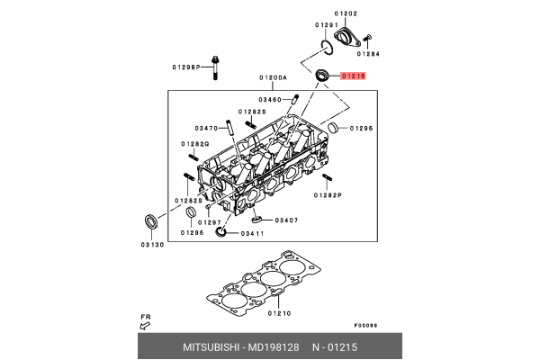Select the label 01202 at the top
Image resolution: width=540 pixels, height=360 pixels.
coord(346,13)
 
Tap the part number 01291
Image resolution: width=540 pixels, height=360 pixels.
coord(326,25)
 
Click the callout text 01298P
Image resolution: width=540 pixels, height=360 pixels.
coord(186,67)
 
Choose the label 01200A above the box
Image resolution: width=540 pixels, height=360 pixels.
coord(273,77)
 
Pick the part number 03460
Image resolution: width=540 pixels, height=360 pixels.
coord(270,99)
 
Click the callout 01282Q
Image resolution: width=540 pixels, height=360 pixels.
coord(194,144)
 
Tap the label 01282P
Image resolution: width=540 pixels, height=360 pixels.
coord(327,194)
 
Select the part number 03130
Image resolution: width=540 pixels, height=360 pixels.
coord(151,246)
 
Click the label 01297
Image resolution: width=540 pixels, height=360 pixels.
coord(209,221)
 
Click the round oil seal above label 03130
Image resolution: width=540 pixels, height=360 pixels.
coord(150,222)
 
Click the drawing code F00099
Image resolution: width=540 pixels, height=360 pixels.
coord(365,325)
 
